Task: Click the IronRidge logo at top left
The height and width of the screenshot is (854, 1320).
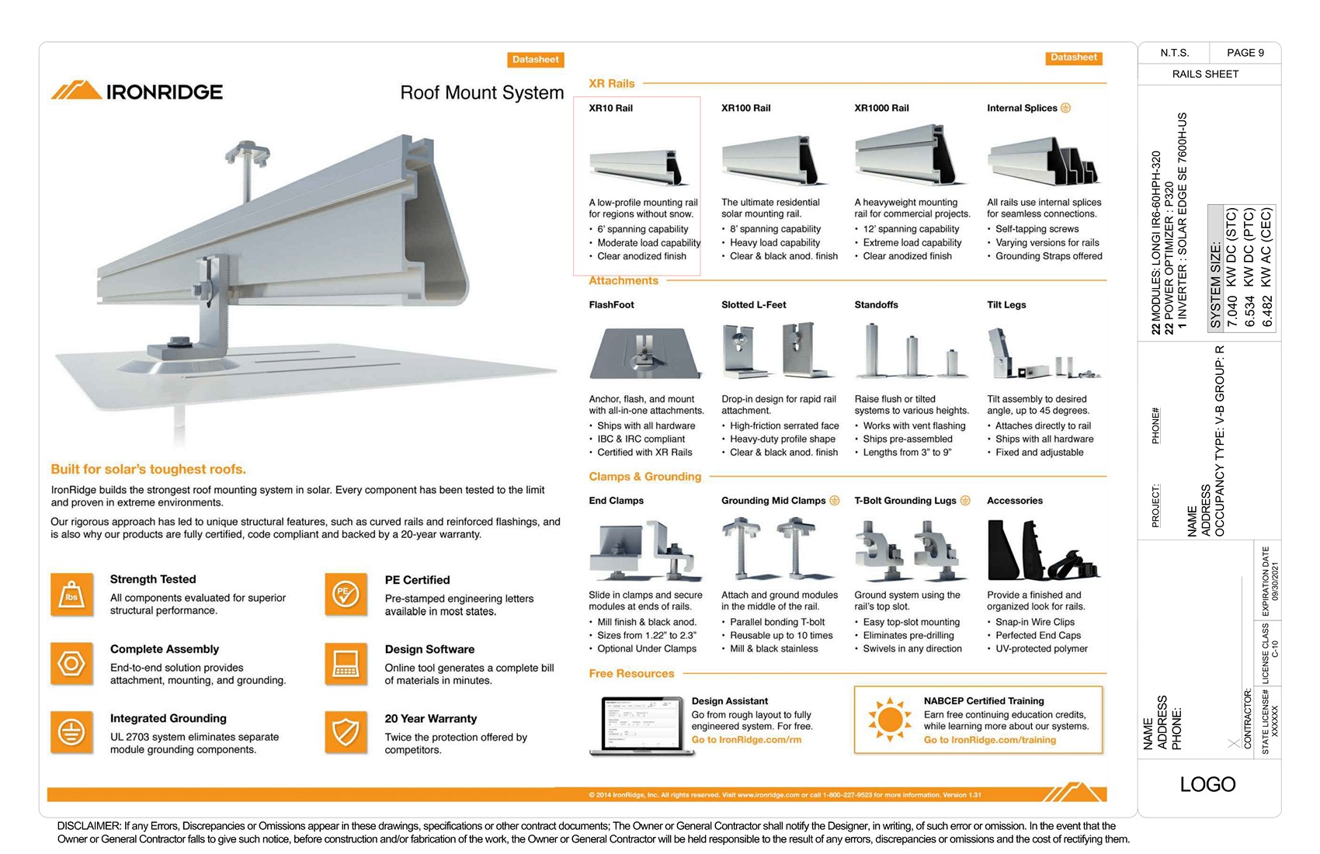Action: (x=137, y=92)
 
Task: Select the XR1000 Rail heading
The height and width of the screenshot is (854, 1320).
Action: (x=881, y=108)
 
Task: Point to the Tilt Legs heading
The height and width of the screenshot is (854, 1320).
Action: (x=1006, y=304)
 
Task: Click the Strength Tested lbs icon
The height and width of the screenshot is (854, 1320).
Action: (x=71, y=595)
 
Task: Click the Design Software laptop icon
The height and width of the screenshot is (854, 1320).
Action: (x=346, y=664)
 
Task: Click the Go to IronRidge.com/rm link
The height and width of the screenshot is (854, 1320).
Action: (x=746, y=740)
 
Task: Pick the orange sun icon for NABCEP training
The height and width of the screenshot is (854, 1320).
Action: (x=889, y=719)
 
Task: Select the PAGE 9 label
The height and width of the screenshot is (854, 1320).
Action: (x=1245, y=53)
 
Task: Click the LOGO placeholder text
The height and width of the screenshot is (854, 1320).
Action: (x=1207, y=784)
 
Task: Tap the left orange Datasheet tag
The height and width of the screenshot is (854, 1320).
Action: (x=535, y=60)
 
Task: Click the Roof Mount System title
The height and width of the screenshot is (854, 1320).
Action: (x=481, y=93)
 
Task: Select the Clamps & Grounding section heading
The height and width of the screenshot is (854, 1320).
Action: (x=644, y=477)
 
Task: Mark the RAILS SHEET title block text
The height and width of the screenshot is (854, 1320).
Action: (x=1205, y=74)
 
